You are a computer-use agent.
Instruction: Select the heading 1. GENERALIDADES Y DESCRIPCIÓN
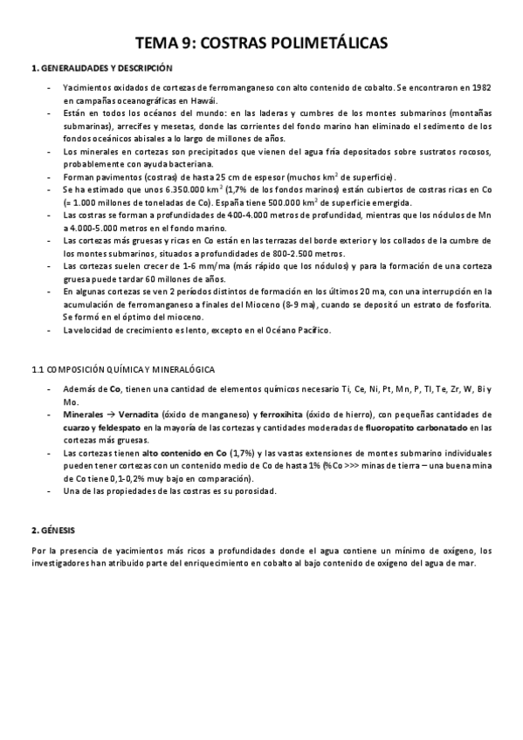click(x=101, y=68)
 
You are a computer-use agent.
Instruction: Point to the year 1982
click(x=479, y=88)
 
